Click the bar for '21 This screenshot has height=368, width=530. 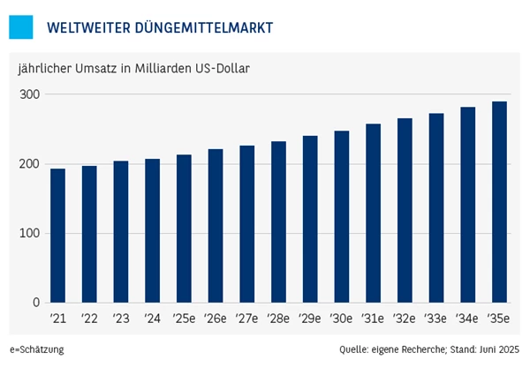[57, 236]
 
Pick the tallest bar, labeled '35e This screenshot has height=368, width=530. [499, 202]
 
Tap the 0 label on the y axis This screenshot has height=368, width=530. [37, 304]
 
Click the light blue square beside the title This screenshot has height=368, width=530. [21, 27]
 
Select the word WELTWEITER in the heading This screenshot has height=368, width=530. [87, 28]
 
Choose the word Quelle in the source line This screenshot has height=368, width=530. [353, 349]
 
